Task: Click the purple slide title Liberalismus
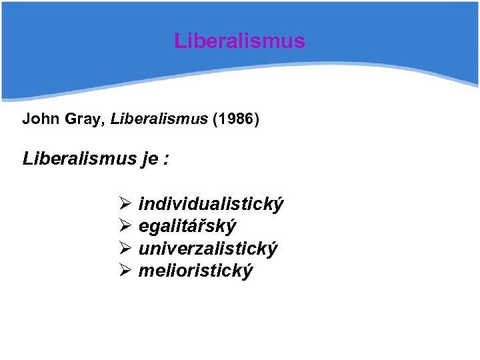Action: click(x=239, y=41)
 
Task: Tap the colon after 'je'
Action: click(x=166, y=160)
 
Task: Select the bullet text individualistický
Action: click(x=211, y=204)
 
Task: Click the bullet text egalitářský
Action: click(x=187, y=227)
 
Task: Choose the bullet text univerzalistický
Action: click(x=208, y=249)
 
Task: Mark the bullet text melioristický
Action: click(x=195, y=271)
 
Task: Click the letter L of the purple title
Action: click(x=179, y=41)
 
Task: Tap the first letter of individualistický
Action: click(x=141, y=203)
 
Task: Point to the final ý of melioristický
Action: click(x=248, y=272)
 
